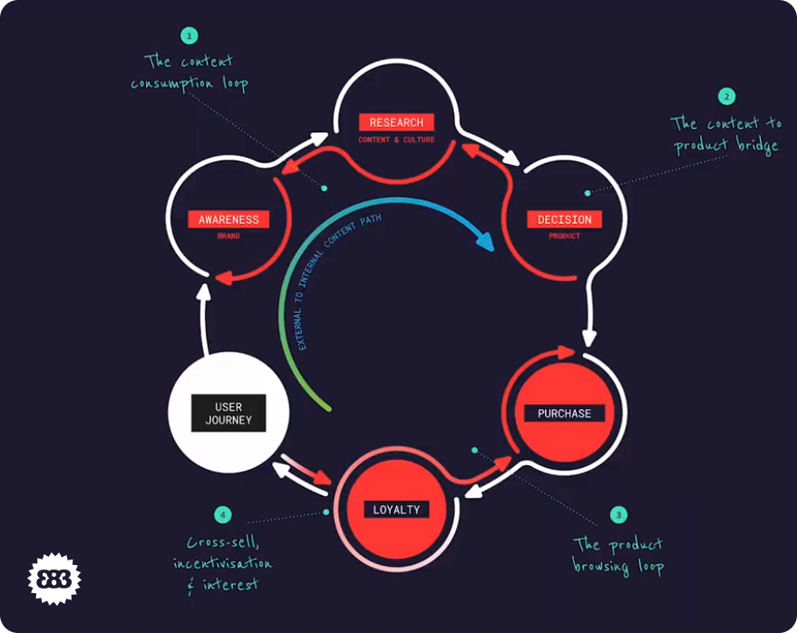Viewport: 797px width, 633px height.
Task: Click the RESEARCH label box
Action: tap(396, 122)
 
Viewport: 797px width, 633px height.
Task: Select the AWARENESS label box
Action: tap(228, 219)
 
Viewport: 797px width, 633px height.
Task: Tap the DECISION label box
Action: tap(564, 219)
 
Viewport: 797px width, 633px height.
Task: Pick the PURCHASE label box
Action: tap(564, 414)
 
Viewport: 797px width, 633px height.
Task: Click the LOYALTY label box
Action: tap(396, 510)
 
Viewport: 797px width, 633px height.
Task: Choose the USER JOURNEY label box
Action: tap(228, 414)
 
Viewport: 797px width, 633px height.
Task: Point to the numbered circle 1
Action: tap(189, 36)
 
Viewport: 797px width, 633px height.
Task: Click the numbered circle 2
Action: tap(725, 95)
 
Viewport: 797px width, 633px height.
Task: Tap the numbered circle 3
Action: tap(618, 515)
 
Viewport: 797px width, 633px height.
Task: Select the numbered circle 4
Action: tap(222, 515)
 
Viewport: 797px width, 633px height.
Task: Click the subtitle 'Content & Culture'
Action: tap(396, 141)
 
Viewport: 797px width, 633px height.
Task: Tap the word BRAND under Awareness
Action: tap(228, 237)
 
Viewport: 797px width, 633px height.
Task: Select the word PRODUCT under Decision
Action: tap(564, 237)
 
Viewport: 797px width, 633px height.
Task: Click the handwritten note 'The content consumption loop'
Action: tap(189, 73)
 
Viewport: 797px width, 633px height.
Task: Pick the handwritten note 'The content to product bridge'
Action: tap(724, 134)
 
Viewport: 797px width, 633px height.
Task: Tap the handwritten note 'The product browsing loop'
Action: tap(617, 555)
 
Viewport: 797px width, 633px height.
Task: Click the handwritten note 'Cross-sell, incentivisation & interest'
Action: tap(222, 563)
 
